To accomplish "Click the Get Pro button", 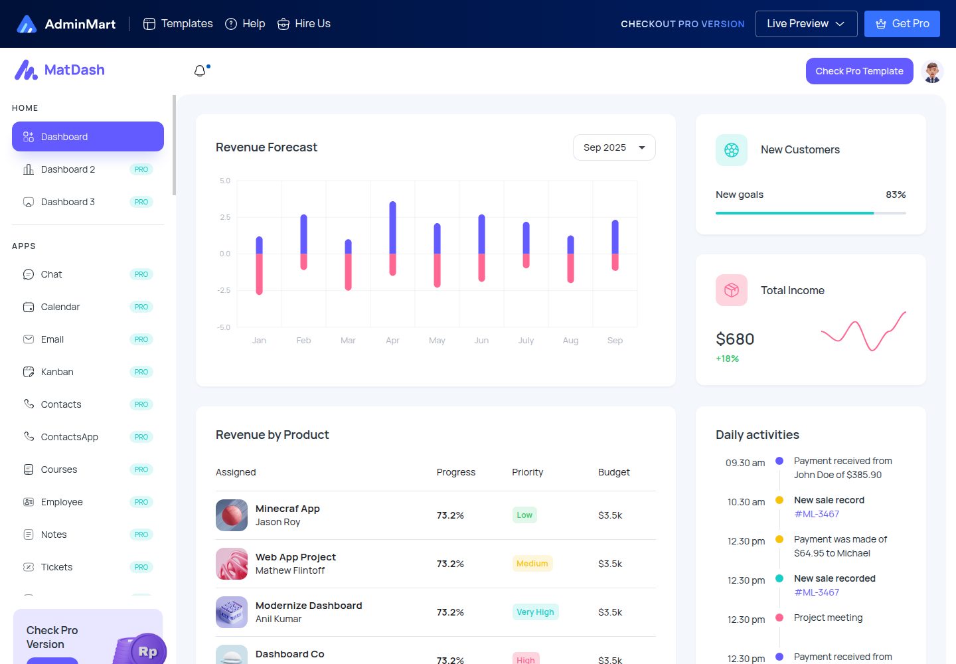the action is [902, 24].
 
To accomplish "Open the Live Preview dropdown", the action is [806, 24].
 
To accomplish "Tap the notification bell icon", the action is [200, 71].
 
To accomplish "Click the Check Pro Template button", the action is [859, 71].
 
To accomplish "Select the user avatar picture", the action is [932, 71].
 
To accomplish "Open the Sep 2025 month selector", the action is [614, 147].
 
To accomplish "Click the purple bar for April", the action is [392, 228].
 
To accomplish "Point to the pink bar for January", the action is [259, 274].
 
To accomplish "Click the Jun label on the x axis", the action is [481, 341].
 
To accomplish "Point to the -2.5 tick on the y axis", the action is [224, 291].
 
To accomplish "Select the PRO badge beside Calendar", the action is [141, 307].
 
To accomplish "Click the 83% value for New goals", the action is [896, 195].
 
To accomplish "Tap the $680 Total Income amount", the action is [735, 339].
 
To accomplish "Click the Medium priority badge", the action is [532, 564].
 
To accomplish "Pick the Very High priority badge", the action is [535, 612].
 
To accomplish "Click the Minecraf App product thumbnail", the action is [231, 515].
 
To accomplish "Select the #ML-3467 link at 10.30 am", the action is [817, 514].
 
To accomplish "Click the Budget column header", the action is [613, 472].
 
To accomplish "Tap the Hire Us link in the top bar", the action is [304, 24].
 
